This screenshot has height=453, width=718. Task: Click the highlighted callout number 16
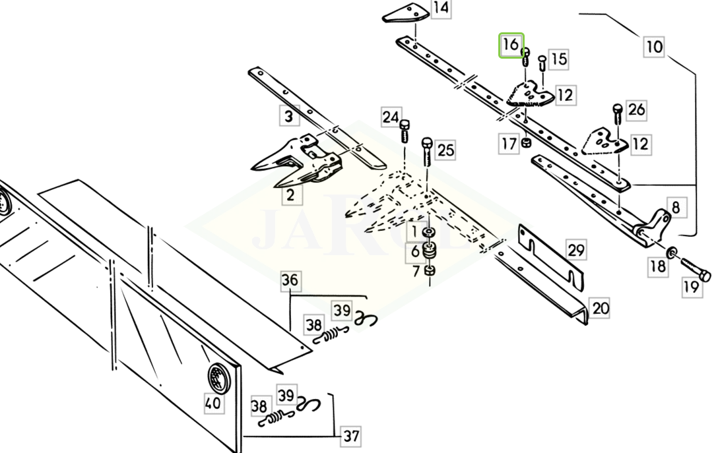coord(511,45)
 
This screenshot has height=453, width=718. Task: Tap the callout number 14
coord(441,9)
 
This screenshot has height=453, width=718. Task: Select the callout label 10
coord(653,47)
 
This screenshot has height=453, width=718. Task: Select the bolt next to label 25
coord(427,150)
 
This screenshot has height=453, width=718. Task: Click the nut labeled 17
coord(527,143)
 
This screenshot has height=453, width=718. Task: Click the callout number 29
coord(576,251)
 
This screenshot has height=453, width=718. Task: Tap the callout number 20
coord(600,308)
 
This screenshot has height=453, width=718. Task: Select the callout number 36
coord(290,281)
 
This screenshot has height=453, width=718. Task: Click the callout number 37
coord(351,436)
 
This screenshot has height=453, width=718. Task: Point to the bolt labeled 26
coord(618,113)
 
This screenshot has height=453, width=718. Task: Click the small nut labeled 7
coord(429,270)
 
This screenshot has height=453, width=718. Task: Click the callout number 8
coord(675,208)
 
